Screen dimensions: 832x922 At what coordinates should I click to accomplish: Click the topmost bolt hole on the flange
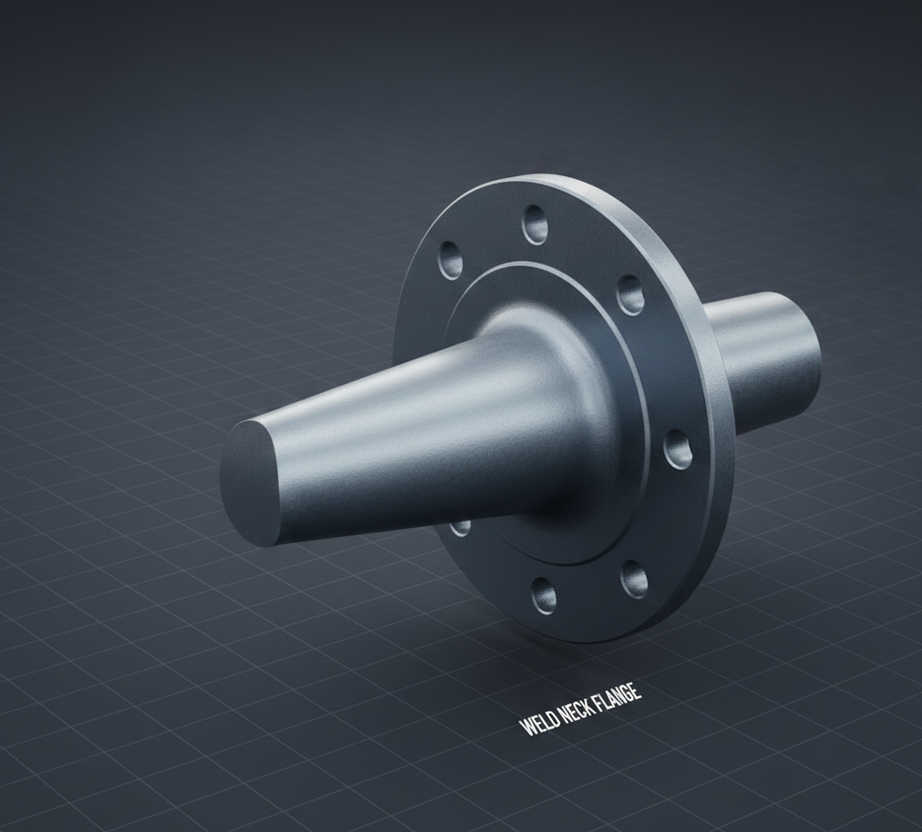point(535,224)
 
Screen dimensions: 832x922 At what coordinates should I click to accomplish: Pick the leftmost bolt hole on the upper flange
point(450,260)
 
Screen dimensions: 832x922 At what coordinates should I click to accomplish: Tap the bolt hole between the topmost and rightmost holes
point(630,294)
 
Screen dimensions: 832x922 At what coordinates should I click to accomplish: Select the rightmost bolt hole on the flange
point(678,449)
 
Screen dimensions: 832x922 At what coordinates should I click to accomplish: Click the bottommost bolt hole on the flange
point(544,595)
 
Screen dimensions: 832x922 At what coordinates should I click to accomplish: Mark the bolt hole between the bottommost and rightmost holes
point(634,579)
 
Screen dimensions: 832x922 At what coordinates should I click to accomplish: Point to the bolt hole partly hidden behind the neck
point(460,526)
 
